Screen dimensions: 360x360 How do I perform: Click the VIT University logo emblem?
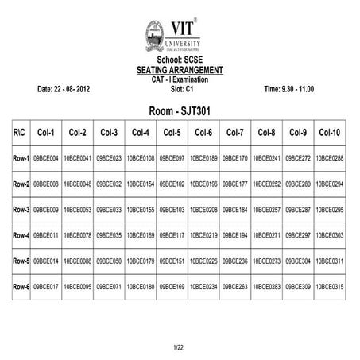[x=155, y=36]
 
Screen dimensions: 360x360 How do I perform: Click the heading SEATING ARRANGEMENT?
[x=180, y=70]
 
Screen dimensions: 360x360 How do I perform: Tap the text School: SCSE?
[x=180, y=60]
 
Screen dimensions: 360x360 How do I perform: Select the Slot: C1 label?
[x=180, y=88]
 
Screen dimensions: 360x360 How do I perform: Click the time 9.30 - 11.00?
[x=289, y=88]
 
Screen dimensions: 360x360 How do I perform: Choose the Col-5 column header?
[x=172, y=132]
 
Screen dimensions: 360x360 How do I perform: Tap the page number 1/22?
[x=179, y=348]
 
